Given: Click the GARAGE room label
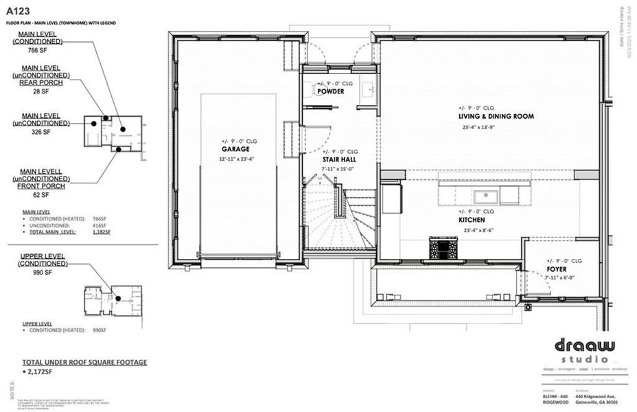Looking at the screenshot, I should click(235, 149).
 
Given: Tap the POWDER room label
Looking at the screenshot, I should click(331, 91).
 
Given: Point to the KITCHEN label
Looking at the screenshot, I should click(472, 220).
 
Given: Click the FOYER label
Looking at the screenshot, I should click(557, 269).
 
